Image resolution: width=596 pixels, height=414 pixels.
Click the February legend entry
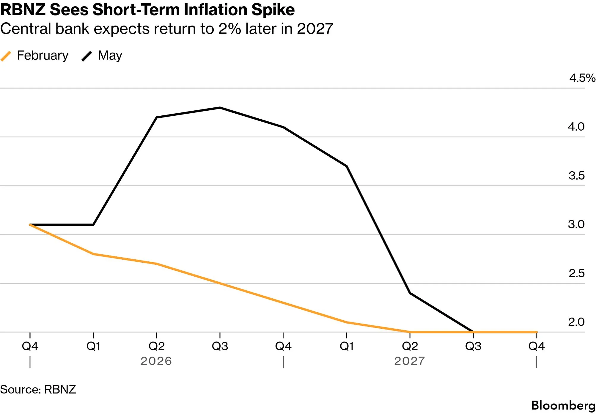click(x=34, y=56)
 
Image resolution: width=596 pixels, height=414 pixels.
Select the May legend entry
click(x=102, y=56)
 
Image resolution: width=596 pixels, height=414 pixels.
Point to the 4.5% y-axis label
click(x=582, y=78)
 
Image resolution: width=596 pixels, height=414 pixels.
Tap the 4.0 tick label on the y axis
click(x=576, y=127)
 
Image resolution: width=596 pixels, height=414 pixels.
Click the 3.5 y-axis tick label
click(x=576, y=175)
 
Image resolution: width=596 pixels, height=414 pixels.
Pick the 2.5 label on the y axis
click(x=576, y=273)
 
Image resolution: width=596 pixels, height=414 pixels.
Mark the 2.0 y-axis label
click(x=576, y=322)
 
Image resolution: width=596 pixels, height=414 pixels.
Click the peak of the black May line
click(x=220, y=108)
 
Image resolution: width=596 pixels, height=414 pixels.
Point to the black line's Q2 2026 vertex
click(x=157, y=117)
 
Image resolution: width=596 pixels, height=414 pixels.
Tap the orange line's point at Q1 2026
click(x=93, y=254)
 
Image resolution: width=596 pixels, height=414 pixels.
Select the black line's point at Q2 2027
click(x=410, y=293)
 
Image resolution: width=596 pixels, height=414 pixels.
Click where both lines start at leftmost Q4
click(x=30, y=225)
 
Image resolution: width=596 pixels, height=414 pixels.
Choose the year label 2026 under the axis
click(x=156, y=361)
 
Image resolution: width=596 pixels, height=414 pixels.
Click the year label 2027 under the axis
click(x=410, y=361)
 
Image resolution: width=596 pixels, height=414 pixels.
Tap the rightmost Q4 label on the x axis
click(x=537, y=346)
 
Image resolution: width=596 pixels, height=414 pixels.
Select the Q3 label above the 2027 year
click(x=473, y=346)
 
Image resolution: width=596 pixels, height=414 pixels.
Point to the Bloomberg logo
click(x=563, y=405)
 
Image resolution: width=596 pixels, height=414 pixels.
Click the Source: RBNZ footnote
click(x=38, y=389)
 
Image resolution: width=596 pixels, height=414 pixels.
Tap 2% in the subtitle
click(x=229, y=29)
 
